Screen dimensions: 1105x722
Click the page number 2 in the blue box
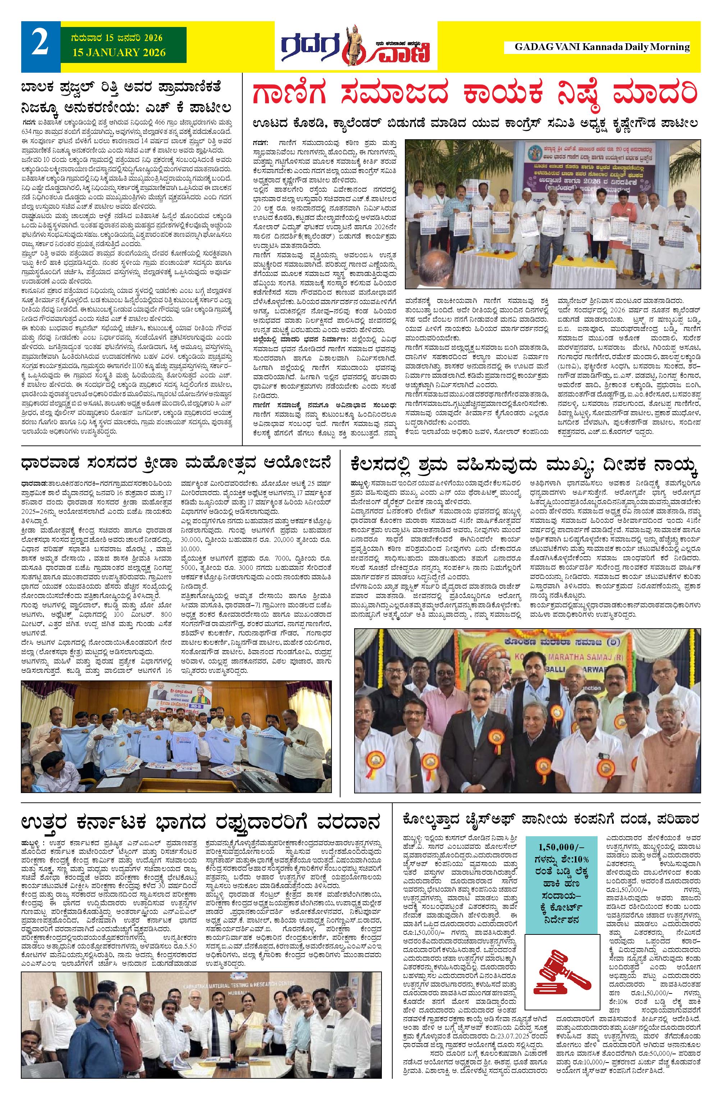(40, 43)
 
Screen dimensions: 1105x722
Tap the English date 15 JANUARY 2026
(119, 53)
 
